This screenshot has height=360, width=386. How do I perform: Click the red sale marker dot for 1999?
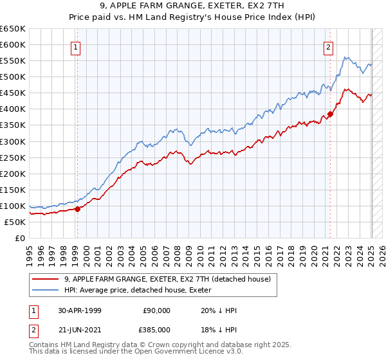pos(78,208)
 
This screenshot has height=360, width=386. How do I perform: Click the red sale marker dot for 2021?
pos(330,114)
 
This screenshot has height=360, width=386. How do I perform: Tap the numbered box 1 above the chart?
pos(76,46)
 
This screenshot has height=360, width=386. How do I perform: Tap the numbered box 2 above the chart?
pos(328,46)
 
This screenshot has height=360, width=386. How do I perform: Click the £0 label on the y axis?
pos(21,238)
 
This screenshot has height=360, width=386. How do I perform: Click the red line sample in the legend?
pos(46,279)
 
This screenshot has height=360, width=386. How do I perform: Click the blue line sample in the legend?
pos(46,290)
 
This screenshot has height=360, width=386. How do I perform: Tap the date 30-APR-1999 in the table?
pos(80,310)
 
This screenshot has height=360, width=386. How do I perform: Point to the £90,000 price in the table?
pos(156,310)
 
